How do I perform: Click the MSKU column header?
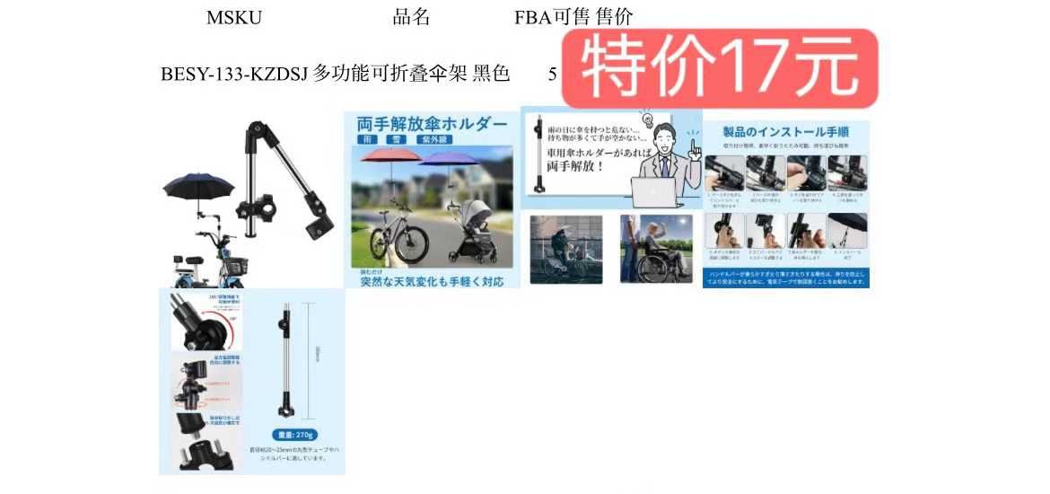click(x=234, y=17)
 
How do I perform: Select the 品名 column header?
click(x=411, y=17)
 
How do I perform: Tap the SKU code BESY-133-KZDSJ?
click(x=234, y=75)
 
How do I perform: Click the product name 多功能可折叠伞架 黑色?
click(x=411, y=75)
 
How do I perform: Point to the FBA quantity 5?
click(x=553, y=75)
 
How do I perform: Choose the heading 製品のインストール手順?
click(x=786, y=133)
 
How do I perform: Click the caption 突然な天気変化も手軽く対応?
click(x=432, y=281)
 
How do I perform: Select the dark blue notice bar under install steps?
click(x=786, y=278)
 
